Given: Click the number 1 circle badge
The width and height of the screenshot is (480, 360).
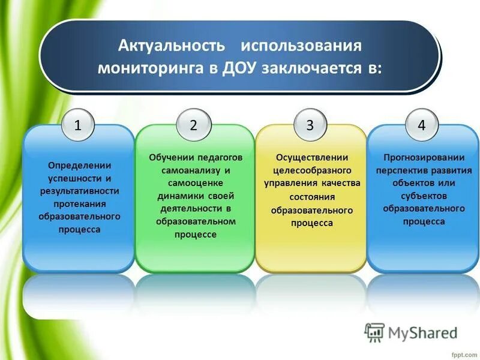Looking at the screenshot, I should (x=78, y=125).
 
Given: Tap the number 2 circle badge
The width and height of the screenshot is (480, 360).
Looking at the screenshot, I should (x=194, y=125).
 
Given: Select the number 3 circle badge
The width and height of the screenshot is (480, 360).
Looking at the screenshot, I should (x=310, y=125).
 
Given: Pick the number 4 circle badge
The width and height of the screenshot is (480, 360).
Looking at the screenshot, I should (x=422, y=125).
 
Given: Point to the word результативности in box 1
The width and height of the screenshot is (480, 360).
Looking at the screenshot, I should (x=78, y=191).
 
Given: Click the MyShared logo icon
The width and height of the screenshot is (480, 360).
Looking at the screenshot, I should (x=375, y=332).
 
